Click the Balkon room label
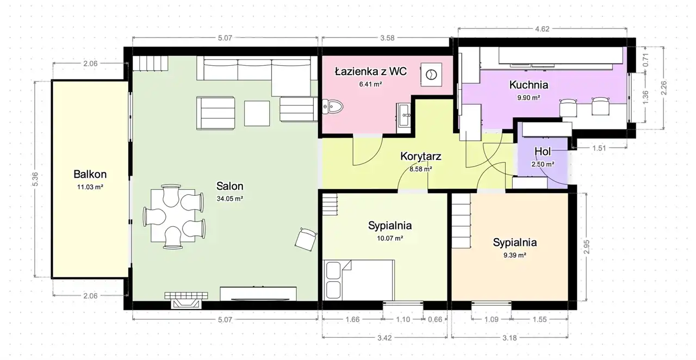pyautogui.click(x=90, y=174)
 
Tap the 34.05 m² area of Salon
pyautogui.click(x=230, y=198)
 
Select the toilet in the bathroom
pyautogui.click(x=332, y=107)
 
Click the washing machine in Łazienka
pyautogui.click(x=431, y=75)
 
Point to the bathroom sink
pyautogui.click(x=403, y=115)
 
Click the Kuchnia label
pyautogui.click(x=529, y=85)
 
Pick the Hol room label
pyautogui.click(x=543, y=151)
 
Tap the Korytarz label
pyautogui.click(x=421, y=157)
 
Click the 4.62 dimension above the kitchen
pyautogui.click(x=542, y=29)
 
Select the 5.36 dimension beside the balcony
pyautogui.click(x=35, y=179)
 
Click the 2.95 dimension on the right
pyautogui.click(x=586, y=247)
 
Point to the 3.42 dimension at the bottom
pyautogui.click(x=384, y=338)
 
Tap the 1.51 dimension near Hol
pyautogui.click(x=599, y=148)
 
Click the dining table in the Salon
pyautogui.click(x=173, y=215)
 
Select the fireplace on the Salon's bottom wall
pyautogui.click(x=186, y=300)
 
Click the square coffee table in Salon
pyautogui.click(x=257, y=113)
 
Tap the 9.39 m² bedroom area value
pyautogui.click(x=515, y=256)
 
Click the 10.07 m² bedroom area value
pyautogui.click(x=390, y=238)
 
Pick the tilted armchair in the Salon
pyautogui.click(x=306, y=239)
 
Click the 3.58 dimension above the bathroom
pyautogui.click(x=387, y=38)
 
